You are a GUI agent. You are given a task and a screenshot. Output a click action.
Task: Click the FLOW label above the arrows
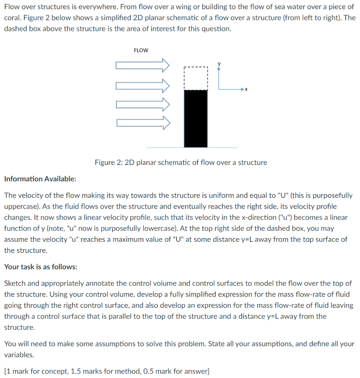pyautogui.click(x=140, y=51)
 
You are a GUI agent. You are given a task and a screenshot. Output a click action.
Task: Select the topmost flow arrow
pyautogui.click(x=143, y=66)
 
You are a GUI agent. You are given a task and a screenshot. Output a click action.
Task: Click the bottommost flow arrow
pyautogui.click(x=143, y=122)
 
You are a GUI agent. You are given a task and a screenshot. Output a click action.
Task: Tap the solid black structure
pyautogui.click(x=196, y=118)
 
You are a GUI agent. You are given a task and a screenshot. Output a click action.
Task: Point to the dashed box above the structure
pyautogui.click(x=196, y=78)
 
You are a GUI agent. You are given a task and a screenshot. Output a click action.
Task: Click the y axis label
pyautogui.click(x=219, y=63)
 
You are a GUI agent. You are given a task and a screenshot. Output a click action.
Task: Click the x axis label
pyautogui.click(x=246, y=90)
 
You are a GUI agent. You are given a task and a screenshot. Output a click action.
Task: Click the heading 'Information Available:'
pyautogui.click(x=40, y=179)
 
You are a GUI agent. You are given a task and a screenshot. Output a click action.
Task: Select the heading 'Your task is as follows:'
pyautogui.click(x=41, y=267)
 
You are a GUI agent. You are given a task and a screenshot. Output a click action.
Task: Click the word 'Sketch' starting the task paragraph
pyautogui.click(x=14, y=283)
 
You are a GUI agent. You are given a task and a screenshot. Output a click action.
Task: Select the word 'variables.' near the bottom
pyautogui.click(x=19, y=355)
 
